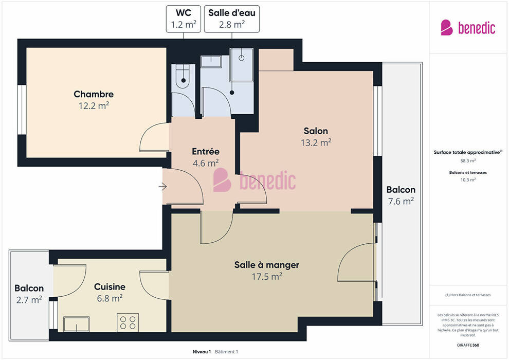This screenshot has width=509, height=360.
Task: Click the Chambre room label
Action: tap(94, 94)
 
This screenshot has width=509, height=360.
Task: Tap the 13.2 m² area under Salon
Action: tap(316, 142)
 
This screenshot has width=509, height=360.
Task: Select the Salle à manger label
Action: tap(267, 265)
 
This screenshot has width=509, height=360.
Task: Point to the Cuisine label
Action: tap(110, 286)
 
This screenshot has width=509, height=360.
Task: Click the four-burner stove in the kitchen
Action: tap(128, 322)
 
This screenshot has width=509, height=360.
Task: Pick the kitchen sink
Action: tap(76, 324)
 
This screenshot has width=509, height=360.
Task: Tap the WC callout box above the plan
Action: tap(184, 19)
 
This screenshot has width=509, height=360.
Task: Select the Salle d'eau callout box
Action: tap(232, 19)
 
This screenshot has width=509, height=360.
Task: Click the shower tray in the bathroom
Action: tap(242, 65)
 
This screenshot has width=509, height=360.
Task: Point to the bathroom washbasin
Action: tap(211, 61)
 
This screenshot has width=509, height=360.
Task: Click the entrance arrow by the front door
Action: tap(162, 187)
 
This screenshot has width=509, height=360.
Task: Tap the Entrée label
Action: tap(206, 151)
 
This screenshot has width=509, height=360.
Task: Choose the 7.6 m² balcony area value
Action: tap(401, 201)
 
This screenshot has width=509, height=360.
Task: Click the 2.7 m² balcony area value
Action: tap(29, 300)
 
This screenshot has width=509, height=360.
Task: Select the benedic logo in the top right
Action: tap(468, 28)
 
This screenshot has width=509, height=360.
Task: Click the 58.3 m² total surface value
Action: tap(468, 160)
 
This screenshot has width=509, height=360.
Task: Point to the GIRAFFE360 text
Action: tap(468, 345)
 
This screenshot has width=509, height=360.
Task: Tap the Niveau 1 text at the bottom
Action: tap(202, 352)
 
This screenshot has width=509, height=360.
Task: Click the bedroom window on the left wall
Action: tap(22, 110)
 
